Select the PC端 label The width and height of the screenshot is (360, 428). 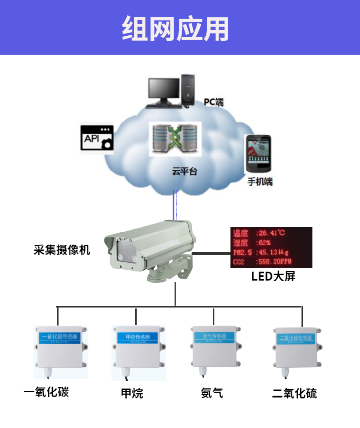pos(214,102)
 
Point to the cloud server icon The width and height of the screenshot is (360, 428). pos(175,139)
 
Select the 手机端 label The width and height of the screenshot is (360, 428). pos(260,182)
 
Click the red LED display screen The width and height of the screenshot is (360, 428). pos(271,247)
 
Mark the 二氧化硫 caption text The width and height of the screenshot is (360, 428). pos(294,394)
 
